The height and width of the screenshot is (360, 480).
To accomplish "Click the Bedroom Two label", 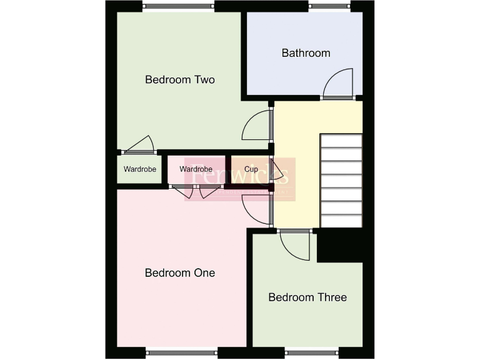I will pos(180,79).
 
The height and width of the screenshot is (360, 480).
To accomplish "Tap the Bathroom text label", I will pos(306,53).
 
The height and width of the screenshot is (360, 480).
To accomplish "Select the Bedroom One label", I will pos(180,273).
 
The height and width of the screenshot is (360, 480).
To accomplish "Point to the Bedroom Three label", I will pos(307,297).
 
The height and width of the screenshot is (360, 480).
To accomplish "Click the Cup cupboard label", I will pos(252,169).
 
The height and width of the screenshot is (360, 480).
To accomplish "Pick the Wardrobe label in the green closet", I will pos(140,169).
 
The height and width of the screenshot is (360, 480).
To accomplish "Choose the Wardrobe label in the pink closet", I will pos(196,169).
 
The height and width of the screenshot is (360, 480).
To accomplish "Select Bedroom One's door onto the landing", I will pos(256,209).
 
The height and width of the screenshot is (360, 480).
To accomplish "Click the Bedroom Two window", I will pos(179,7).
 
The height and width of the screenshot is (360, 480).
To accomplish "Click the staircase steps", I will pos(341,181).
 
